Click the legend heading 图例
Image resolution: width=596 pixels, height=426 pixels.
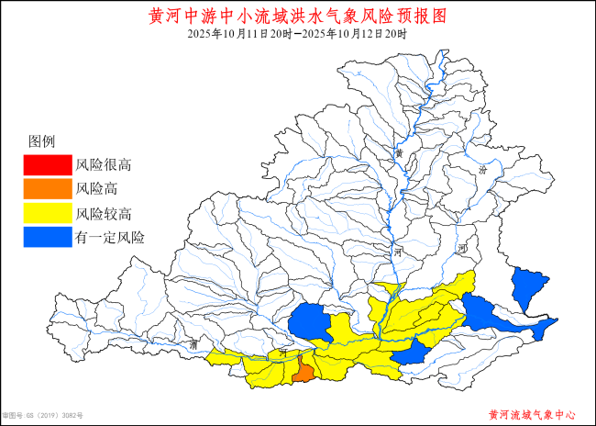tap(42, 141)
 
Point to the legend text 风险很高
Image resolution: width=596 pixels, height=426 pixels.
tap(104, 166)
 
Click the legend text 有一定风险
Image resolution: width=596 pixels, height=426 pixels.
tap(110, 238)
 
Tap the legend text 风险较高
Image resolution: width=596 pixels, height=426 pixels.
tap(104, 214)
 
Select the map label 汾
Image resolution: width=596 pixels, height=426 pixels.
tap(484, 171)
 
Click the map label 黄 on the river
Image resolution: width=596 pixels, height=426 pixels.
tap(399, 152)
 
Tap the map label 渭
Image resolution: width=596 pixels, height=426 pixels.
tap(194, 344)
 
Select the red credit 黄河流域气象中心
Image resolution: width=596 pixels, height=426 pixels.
tap(532, 415)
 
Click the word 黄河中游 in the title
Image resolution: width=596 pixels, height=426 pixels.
tap(182, 17)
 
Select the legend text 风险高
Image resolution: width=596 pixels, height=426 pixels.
tap(96, 190)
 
